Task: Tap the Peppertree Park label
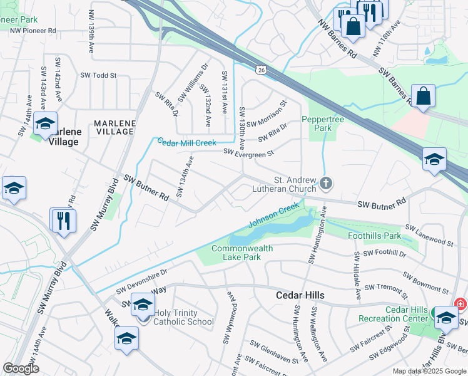point(316,123)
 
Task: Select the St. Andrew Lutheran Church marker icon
point(325,183)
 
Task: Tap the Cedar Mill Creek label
point(186,143)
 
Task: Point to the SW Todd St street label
point(98,75)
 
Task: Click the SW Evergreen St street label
point(249,152)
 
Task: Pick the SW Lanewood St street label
point(429,234)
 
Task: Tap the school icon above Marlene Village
point(45,123)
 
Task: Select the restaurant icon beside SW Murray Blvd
point(63,220)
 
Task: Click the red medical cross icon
point(462,304)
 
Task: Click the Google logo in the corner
point(21,368)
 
